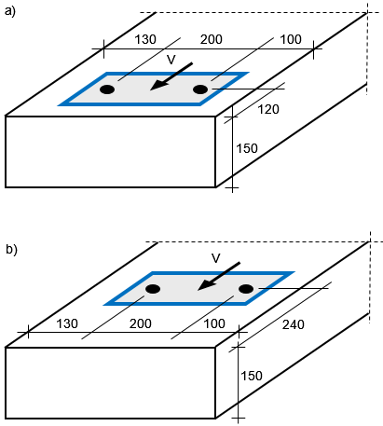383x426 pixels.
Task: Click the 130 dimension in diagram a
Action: click(x=145, y=39)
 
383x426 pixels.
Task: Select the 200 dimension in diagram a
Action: click(x=212, y=39)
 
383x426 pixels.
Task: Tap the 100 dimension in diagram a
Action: click(x=291, y=39)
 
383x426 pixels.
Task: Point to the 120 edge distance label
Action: click(x=268, y=109)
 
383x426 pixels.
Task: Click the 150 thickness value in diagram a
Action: click(x=247, y=148)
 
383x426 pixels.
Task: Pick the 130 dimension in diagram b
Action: click(x=67, y=324)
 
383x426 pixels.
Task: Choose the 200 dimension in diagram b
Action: click(x=141, y=324)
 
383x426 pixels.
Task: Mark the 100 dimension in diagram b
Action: click(x=214, y=324)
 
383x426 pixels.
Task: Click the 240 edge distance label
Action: click(x=294, y=324)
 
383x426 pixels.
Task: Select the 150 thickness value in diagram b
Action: click(x=252, y=376)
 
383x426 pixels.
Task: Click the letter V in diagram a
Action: click(x=171, y=60)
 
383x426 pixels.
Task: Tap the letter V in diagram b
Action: click(x=216, y=258)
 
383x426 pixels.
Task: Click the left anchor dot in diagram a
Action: click(x=107, y=89)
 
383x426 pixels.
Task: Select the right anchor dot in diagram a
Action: click(x=200, y=89)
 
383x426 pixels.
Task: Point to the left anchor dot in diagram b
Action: click(x=153, y=289)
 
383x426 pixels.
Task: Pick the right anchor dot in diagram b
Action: click(x=246, y=289)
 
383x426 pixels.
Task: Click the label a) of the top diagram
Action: click(x=10, y=12)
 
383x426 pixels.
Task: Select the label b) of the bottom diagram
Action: click(x=11, y=250)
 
